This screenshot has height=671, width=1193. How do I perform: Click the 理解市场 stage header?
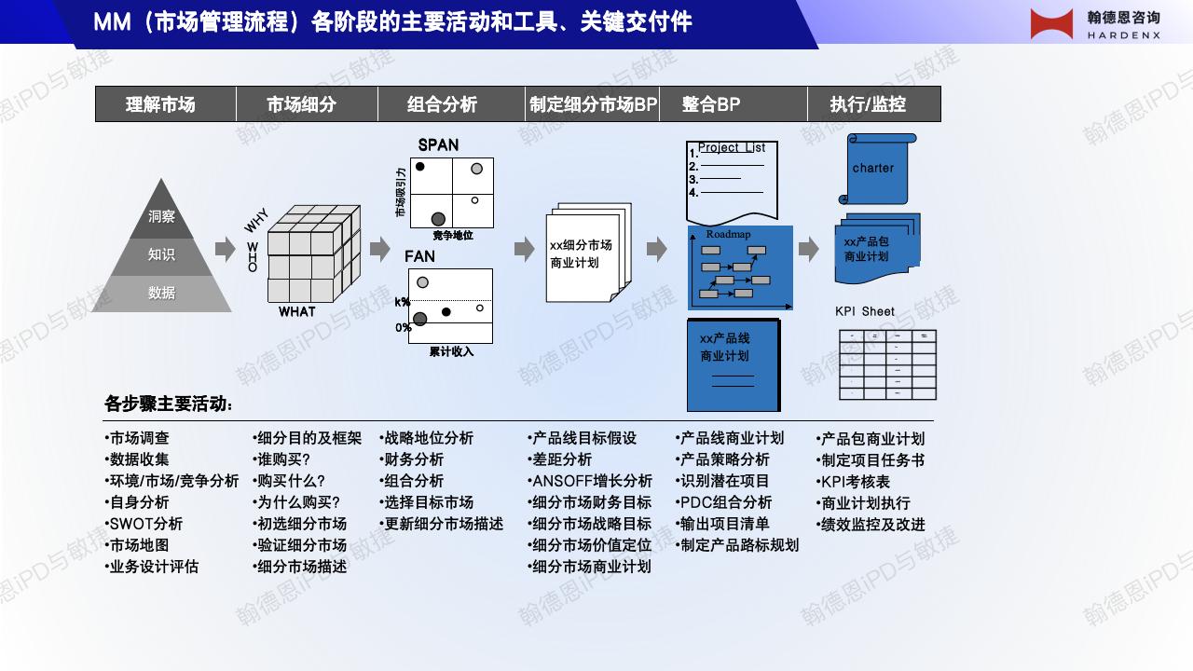click(160, 104)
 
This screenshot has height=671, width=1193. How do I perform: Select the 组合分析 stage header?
click(442, 104)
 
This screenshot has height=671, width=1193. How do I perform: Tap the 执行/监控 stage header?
click(868, 104)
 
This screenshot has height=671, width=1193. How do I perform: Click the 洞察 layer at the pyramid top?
click(161, 216)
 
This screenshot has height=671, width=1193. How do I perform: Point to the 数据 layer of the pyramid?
click(161, 293)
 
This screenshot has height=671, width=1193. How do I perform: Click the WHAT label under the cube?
click(297, 312)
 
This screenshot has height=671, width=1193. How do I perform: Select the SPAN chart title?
click(438, 145)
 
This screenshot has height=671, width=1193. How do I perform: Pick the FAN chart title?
click(419, 256)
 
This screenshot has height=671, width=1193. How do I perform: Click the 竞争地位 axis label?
click(453, 236)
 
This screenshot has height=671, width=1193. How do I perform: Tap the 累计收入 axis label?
click(451, 351)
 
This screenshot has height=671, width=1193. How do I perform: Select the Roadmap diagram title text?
click(728, 234)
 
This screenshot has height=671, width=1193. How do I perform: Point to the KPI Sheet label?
click(864, 311)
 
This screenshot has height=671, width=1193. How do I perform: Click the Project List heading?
click(731, 147)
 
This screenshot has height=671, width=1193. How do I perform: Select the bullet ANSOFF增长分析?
click(592, 481)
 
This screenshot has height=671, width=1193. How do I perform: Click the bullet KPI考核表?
click(855, 482)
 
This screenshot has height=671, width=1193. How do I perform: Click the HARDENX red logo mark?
click(1052, 23)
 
